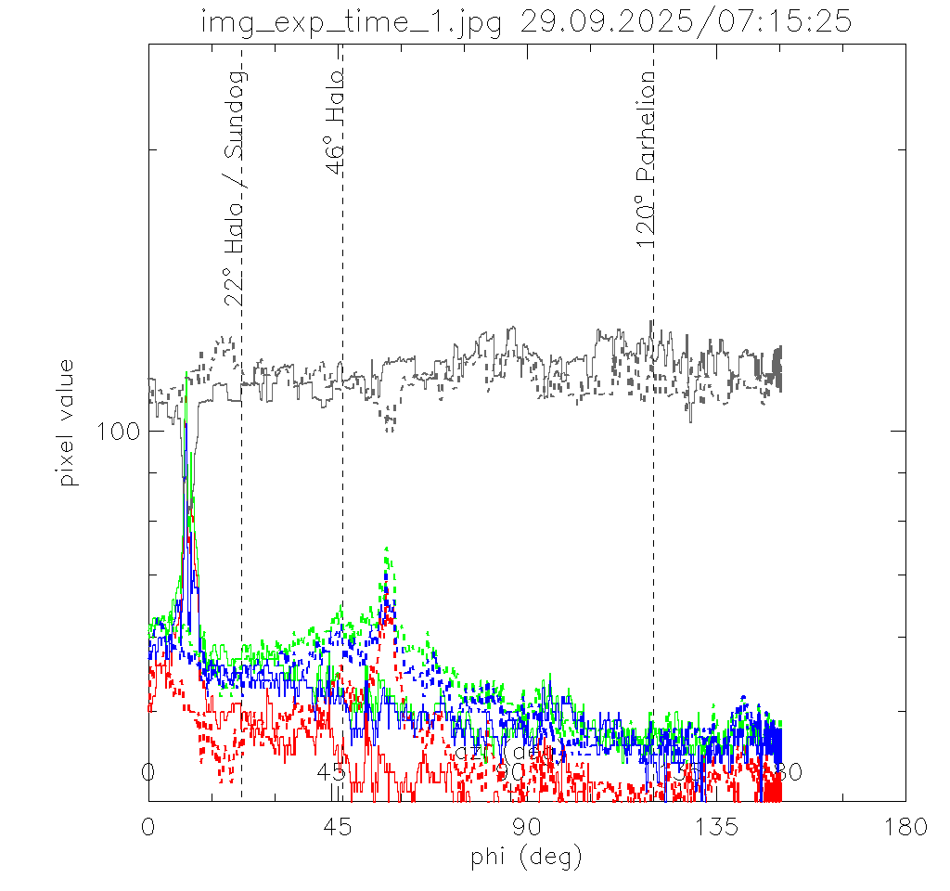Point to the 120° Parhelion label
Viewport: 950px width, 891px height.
pos(647,159)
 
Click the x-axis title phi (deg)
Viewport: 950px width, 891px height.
pos(526,857)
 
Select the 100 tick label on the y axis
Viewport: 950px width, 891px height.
pos(118,432)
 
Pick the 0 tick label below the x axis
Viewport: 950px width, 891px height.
pos(148,827)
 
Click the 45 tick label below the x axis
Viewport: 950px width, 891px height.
pos(338,827)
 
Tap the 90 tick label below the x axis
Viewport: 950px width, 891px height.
pos(527,827)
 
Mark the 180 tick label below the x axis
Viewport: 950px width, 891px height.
pos(905,827)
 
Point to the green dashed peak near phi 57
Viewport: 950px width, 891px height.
pos(386,550)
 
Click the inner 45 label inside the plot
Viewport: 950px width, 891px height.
pos(330,772)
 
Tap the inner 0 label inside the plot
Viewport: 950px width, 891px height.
pos(147,772)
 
